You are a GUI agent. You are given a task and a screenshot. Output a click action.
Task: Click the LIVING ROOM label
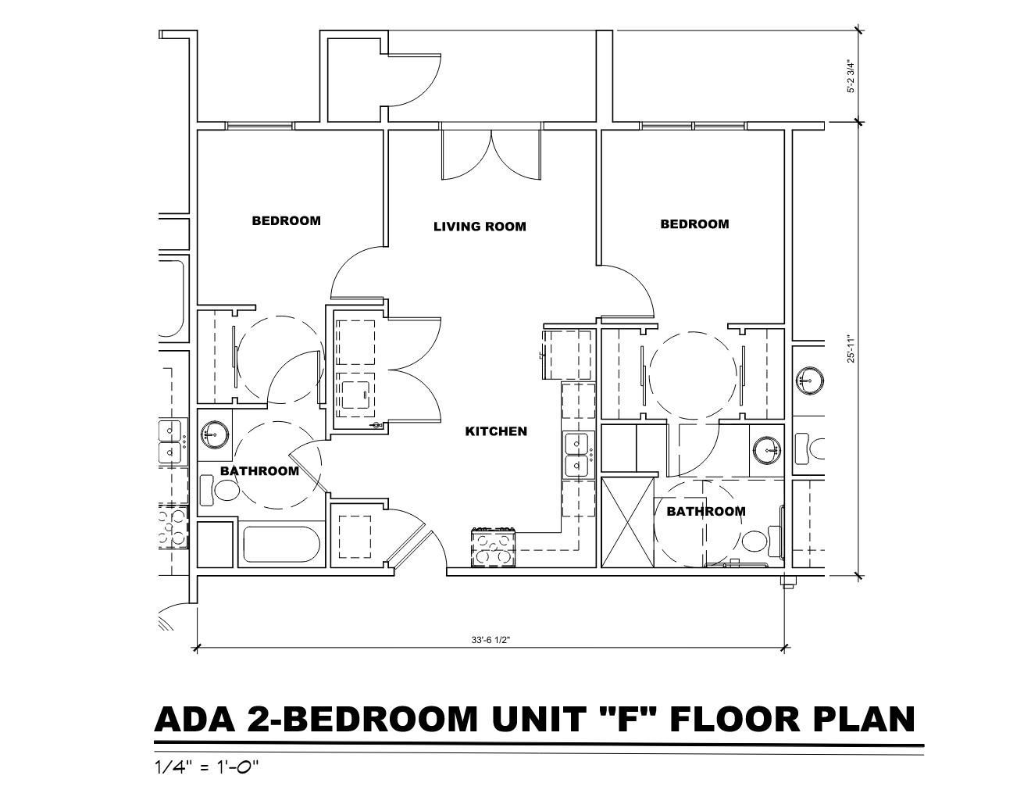coord(480,227)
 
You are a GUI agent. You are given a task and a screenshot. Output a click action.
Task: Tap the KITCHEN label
coord(496,431)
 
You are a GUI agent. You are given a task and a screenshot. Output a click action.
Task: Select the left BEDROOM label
coord(286,220)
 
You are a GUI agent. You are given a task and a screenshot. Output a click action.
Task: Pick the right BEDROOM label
coord(694,224)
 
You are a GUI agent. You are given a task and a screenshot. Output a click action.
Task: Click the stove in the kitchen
coord(494,547)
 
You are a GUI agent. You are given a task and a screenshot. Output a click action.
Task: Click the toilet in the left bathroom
coord(219,491)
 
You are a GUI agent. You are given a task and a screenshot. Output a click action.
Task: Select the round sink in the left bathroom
coord(215,434)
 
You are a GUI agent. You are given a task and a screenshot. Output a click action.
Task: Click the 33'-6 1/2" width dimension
coord(491,640)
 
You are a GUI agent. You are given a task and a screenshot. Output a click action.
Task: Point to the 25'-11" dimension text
coord(851,350)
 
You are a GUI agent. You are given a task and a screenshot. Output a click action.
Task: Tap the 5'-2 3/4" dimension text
coord(851,77)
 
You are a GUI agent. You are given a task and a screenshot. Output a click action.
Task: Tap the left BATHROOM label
coord(259,471)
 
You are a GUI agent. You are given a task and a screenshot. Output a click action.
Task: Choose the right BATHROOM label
coord(706,511)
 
